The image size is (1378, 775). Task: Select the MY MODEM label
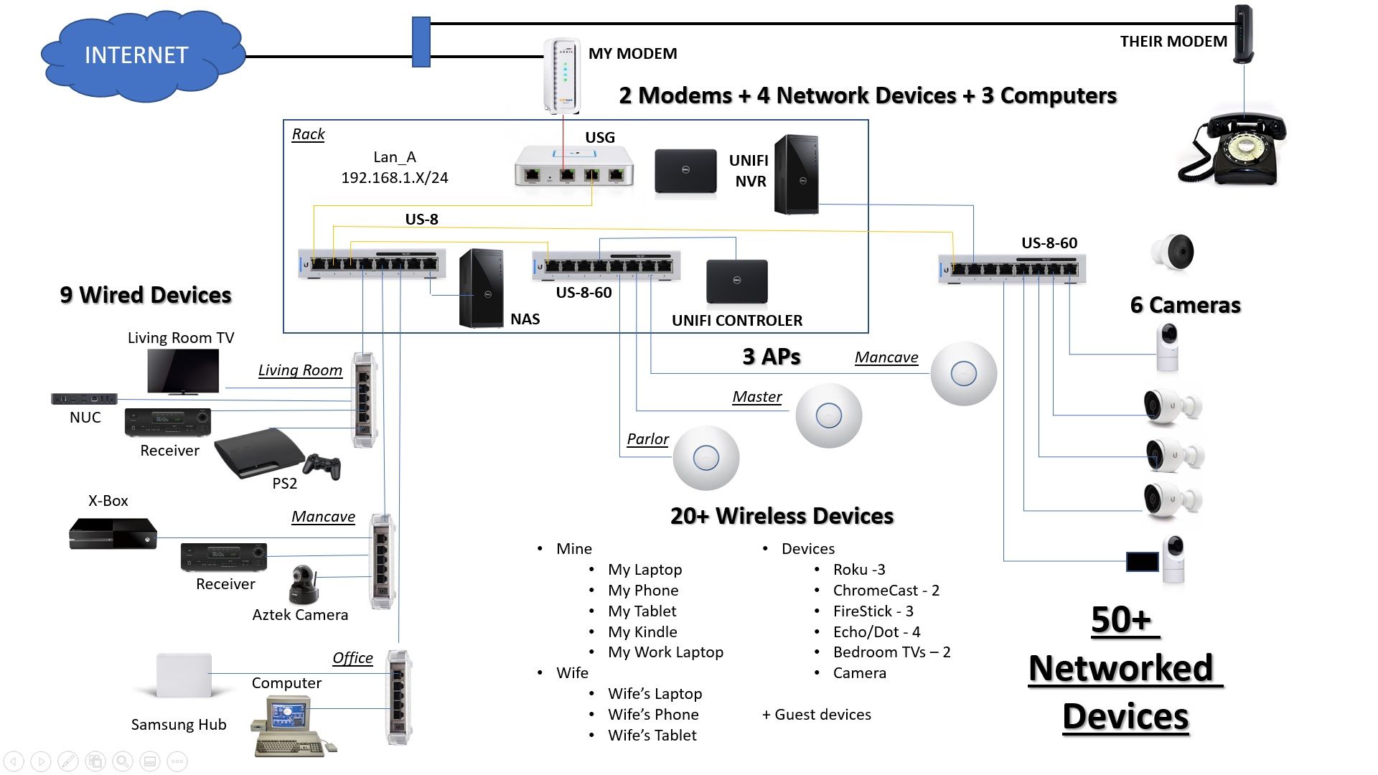click(632, 54)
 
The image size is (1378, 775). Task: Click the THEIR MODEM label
click(1173, 42)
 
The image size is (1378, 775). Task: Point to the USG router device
click(573, 166)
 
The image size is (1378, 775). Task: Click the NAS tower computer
click(480, 288)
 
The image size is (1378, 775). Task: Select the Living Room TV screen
click(183, 371)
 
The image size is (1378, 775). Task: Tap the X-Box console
click(113, 533)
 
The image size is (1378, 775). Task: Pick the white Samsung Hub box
click(184, 675)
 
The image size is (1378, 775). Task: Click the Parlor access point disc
click(706, 458)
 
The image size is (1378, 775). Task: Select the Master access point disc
click(828, 415)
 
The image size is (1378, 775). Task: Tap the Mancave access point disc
click(963, 373)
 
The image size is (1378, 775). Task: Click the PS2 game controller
click(322, 466)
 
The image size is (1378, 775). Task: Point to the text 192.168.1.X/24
click(394, 178)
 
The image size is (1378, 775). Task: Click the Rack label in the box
click(308, 134)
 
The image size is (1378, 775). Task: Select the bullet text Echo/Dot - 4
click(876, 631)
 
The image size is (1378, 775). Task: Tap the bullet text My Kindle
click(642, 631)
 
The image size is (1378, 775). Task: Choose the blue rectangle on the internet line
click(421, 42)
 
